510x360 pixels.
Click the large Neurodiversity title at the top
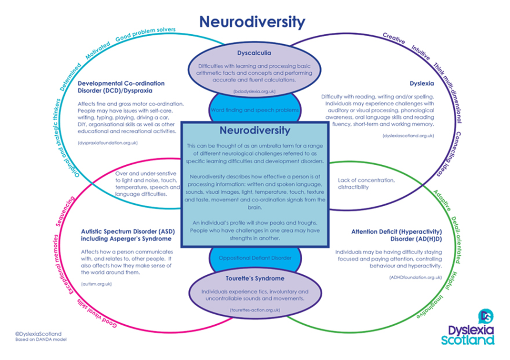(252, 21)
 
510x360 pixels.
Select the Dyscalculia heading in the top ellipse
(254, 53)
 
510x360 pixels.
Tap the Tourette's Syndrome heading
(254, 278)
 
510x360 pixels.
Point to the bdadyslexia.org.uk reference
(254, 90)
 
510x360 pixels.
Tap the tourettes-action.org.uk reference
(255, 310)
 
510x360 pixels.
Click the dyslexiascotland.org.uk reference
(408, 136)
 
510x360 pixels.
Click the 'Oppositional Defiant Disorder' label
(255, 258)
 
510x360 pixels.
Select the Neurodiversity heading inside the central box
(254, 130)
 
